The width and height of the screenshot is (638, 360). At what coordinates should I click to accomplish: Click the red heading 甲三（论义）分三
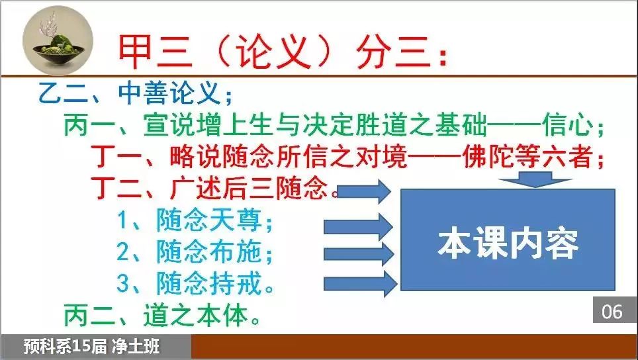point(282,52)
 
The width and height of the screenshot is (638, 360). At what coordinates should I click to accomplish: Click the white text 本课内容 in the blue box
point(508,244)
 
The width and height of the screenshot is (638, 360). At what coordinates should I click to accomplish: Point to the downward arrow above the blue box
point(535,179)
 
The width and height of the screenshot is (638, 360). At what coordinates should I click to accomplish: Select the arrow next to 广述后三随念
point(365,191)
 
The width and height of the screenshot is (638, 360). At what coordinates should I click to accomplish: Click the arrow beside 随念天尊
point(359,226)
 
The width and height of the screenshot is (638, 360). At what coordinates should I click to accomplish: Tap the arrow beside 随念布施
point(359,255)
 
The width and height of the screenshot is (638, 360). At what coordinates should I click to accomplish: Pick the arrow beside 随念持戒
point(360,283)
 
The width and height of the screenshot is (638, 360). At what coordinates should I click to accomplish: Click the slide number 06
point(612,312)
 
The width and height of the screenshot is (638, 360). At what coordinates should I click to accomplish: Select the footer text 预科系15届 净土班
point(91,347)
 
